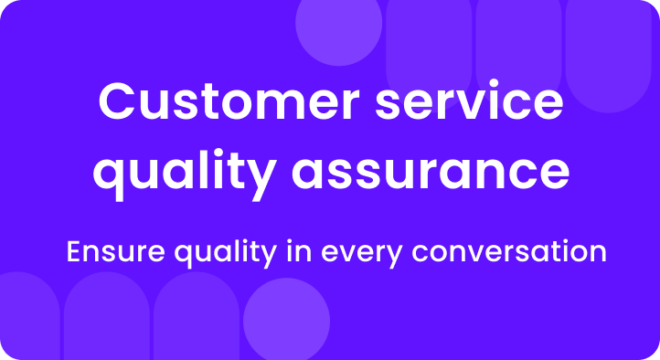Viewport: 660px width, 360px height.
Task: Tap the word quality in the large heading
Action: tap(170, 173)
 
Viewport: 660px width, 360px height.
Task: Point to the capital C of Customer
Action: tap(118, 102)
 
